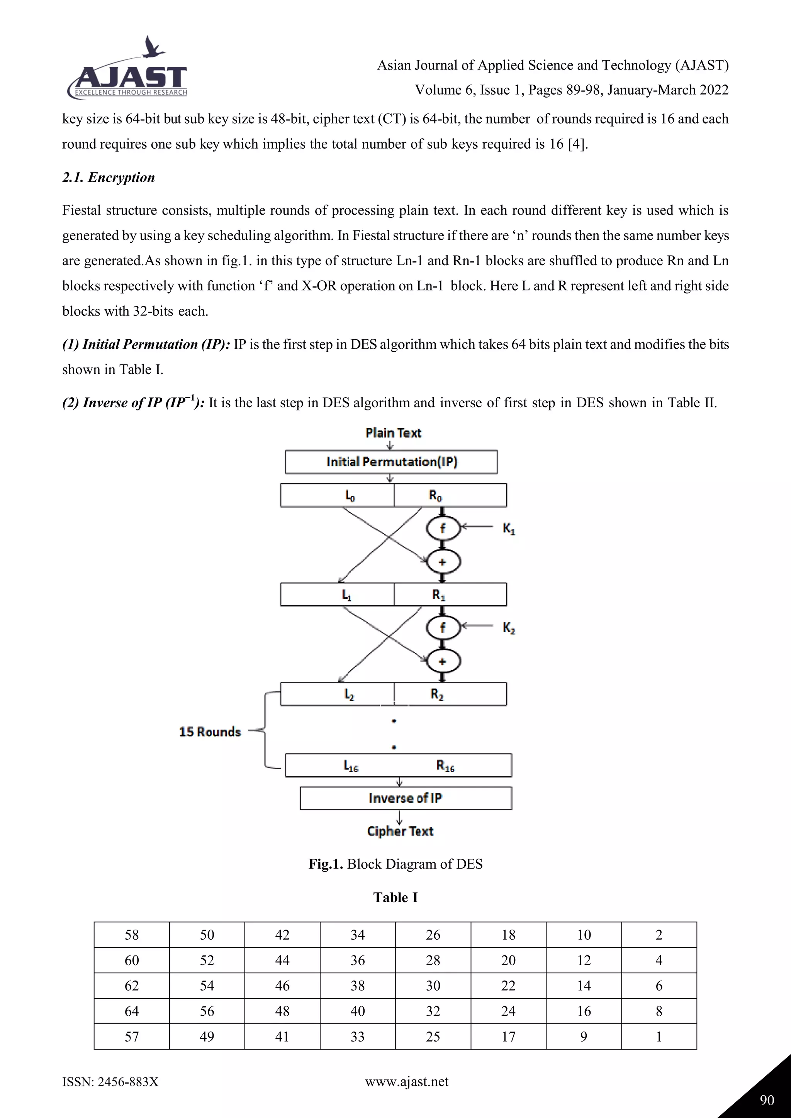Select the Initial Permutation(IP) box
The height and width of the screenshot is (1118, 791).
pyautogui.click(x=391, y=462)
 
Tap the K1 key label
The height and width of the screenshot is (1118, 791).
pyautogui.click(x=509, y=529)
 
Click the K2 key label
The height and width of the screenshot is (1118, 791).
pyautogui.click(x=509, y=628)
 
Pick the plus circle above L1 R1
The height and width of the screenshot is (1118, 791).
pyautogui.click(x=443, y=562)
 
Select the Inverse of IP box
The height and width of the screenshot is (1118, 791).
pyautogui.click(x=406, y=798)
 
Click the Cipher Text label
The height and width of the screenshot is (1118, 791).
pyautogui.click(x=400, y=831)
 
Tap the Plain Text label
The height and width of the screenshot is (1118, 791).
pyautogui.click(x=393, y=433)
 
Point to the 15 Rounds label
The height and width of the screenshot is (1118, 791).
pyautogui.click(x=210, y=732)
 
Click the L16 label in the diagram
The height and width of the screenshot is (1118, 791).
pyautogui.click(x=351, y=766)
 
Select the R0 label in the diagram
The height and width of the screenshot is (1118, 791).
pyautogui.click(x=435, y=496)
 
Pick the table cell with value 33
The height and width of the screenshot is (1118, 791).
pyautogui.click(x=358, y=1037)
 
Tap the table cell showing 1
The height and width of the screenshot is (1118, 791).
pyautogui.click(x=659, y=1037)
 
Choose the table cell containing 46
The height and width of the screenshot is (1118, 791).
pyautogui.click(x=282, y=986)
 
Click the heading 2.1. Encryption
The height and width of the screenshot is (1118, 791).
pyautogui.click(x=108, y=178)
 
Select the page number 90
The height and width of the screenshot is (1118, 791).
pyautogui.click(x=767, y=1100)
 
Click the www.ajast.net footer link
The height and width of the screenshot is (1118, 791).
pyautogui.click(x=406, y=1081)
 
